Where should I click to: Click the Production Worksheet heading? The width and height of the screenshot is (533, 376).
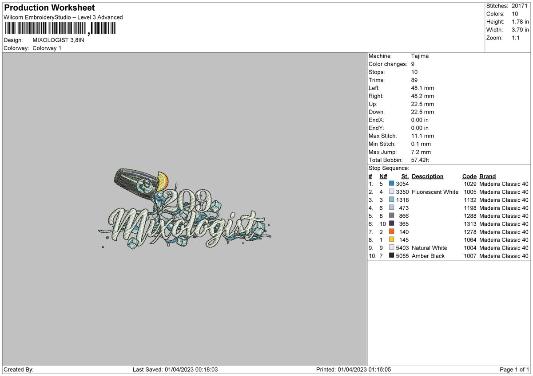[x=49, y=8]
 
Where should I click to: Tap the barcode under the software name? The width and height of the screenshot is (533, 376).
[x=60, y=28]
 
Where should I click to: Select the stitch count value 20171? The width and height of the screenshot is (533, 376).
[x=519, y=6]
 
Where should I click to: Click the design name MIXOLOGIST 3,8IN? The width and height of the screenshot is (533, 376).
[x=58, y=40]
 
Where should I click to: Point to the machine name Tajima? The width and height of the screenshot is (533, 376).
[x=420, y=56]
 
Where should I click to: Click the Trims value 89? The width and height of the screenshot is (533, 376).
[x=414, y=80]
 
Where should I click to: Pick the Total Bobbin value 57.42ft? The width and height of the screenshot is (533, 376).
[x=420, y=160]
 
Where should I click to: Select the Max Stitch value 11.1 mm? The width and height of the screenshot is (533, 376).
[x=422, y=136]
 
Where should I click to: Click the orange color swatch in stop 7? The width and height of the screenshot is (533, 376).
[x=391, y=231]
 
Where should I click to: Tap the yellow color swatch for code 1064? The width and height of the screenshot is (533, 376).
[x=391, y=239]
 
